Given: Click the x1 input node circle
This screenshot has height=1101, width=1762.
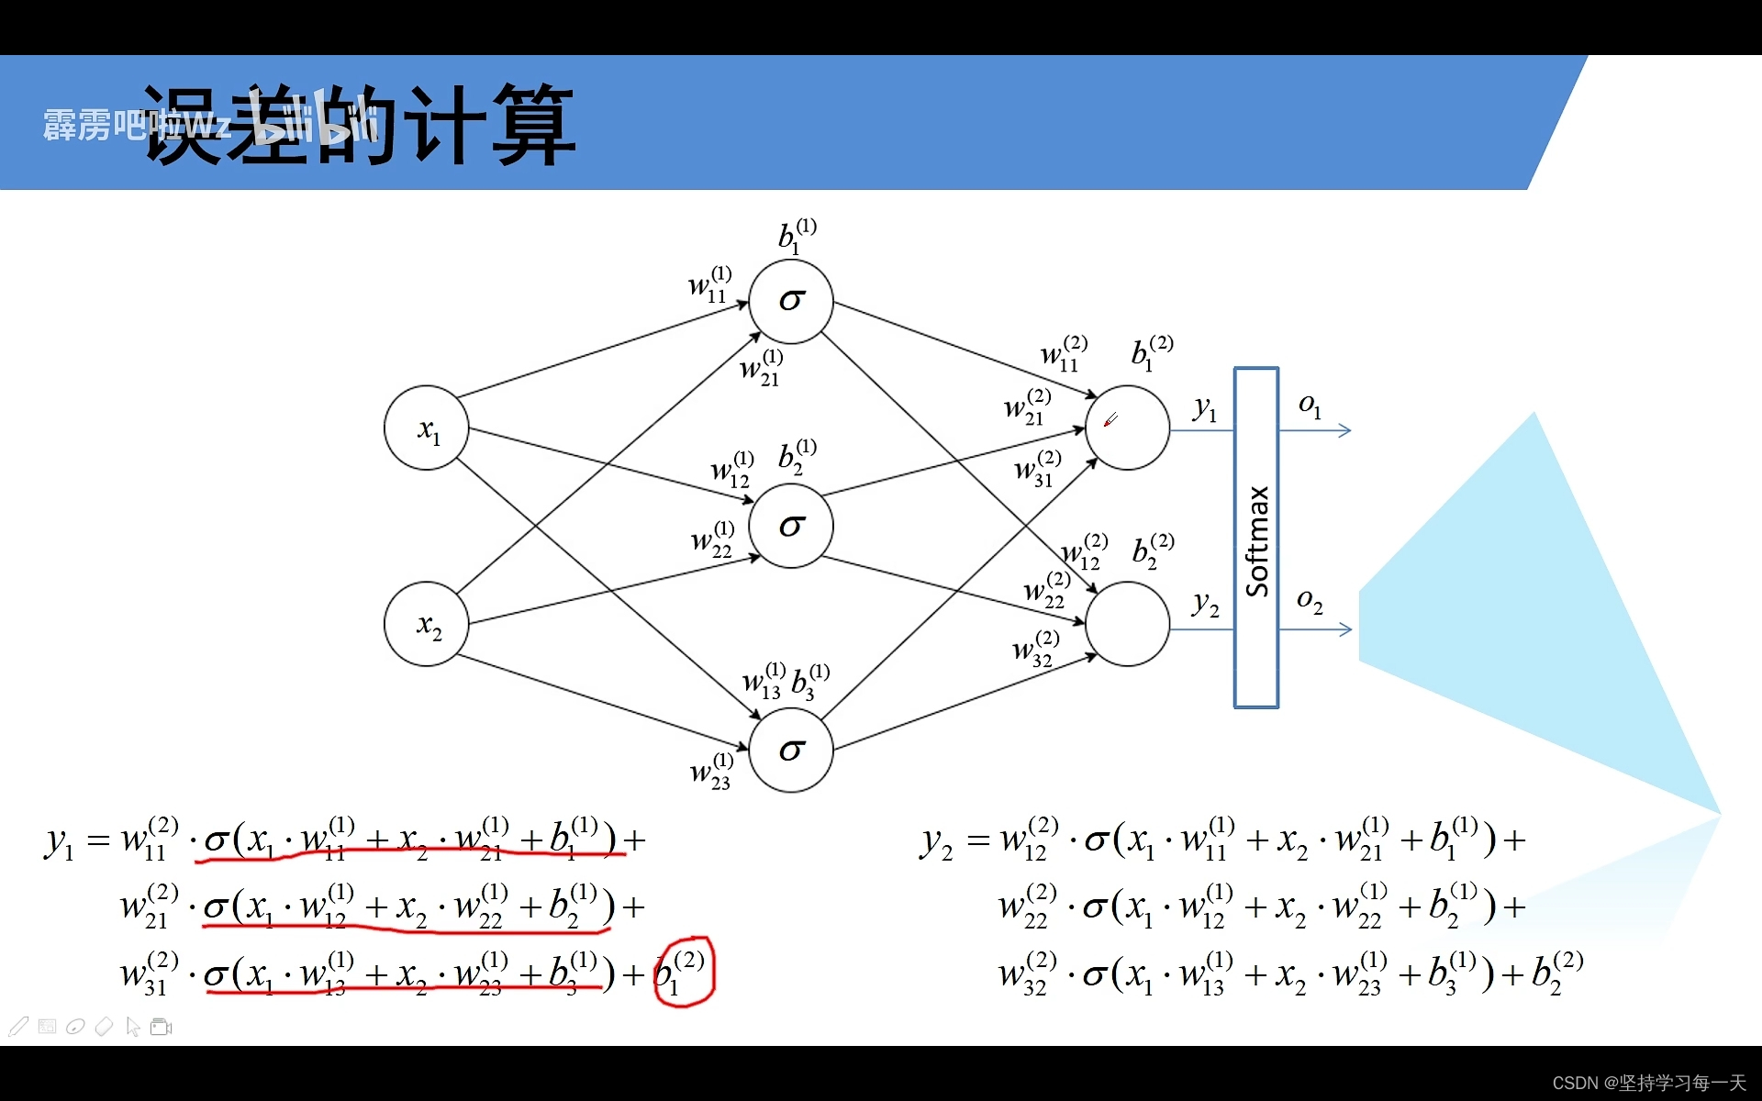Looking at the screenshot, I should click(x=427, y=428).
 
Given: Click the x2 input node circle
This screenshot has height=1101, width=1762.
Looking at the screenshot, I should click(x=427, y=625).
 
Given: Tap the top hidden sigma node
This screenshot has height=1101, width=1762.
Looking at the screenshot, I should click(x=791, y=301).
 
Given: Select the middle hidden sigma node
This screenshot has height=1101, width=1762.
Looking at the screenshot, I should click(x=791, y=526).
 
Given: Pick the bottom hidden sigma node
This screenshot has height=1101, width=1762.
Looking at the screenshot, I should click(x=791, y=751).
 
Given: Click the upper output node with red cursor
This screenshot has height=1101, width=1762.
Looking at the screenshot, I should click(x=1127, y=428).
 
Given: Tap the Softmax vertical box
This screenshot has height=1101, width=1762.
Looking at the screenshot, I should click(x=1256, y=538).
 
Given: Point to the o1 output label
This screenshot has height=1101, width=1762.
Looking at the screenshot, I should click(x=1310, y=406).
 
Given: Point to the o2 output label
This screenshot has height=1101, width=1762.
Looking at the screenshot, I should click(x=1310, y=601).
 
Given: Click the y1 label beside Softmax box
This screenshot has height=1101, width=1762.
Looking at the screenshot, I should click(x=1205, y=408).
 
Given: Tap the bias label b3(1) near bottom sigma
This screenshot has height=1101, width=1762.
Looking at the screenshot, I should click(x=810, y=682).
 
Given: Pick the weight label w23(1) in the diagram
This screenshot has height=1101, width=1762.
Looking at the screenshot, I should click(x=711, y=772).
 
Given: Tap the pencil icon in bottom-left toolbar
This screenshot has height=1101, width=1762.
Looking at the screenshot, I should click(x=18, y=1027).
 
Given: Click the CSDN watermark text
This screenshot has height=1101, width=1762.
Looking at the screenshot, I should click(x=1648, y=1083).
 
